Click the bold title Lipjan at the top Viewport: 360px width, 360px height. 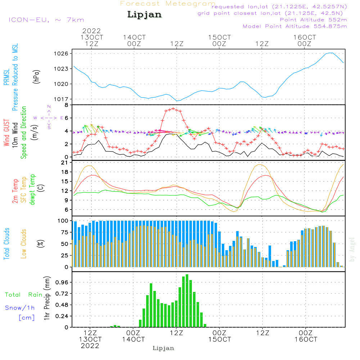(144, 15)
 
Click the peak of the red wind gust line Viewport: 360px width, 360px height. (173, 108)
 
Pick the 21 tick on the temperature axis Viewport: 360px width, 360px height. (65, 163)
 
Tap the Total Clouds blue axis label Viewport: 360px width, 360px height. (7, 244)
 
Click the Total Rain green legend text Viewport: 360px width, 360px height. (23, 295)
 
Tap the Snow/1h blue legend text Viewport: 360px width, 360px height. (20, 308)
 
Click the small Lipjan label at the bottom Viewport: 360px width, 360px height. (163, 348)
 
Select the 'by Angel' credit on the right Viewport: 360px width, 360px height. (352, 250)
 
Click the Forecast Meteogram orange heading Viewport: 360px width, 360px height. (168, 4)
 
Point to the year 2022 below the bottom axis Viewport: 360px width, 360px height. (90, 346)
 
